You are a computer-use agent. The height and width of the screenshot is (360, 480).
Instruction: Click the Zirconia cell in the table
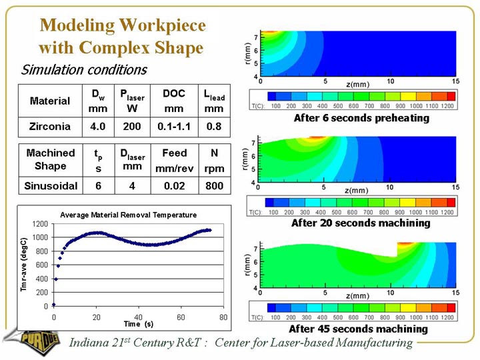pyautogui.click(x=49, y=126)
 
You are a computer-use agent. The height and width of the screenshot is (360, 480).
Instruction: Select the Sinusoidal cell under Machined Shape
pyautogui.click(x=50, y=185)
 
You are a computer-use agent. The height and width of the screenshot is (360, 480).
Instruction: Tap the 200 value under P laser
pyautogui.click(x=132, y=126)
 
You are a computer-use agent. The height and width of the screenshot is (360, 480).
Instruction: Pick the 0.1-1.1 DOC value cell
pyautogui.click(x=174, y=126)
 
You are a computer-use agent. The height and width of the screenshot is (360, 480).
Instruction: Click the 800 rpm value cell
pyautogui.click(x=215, y=185)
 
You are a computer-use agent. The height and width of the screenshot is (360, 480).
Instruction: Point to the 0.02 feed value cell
pyautogui.click(x=174, y=185)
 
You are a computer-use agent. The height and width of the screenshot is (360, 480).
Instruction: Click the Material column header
pyautogui.click(x=49, y=101)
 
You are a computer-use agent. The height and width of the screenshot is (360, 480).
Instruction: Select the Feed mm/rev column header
pyautogui.click(x=174, y=161)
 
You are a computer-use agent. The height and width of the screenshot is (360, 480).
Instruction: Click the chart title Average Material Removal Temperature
pyautogui.click(x=129, y=215)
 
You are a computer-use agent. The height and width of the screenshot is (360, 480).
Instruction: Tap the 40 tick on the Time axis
pyautogui.click(x=139, y=317)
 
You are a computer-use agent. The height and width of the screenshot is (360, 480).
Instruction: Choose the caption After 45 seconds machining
pyautogui.click(x=358, y=329)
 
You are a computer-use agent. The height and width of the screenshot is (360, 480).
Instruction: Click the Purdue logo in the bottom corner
pyautogui.click(x=27, y=341)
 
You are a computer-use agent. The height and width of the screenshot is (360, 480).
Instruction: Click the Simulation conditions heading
pyautogui.click(x=84, y=70)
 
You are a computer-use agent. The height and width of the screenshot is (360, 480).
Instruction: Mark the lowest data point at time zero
pyautogui.click(x=54, y=305)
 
